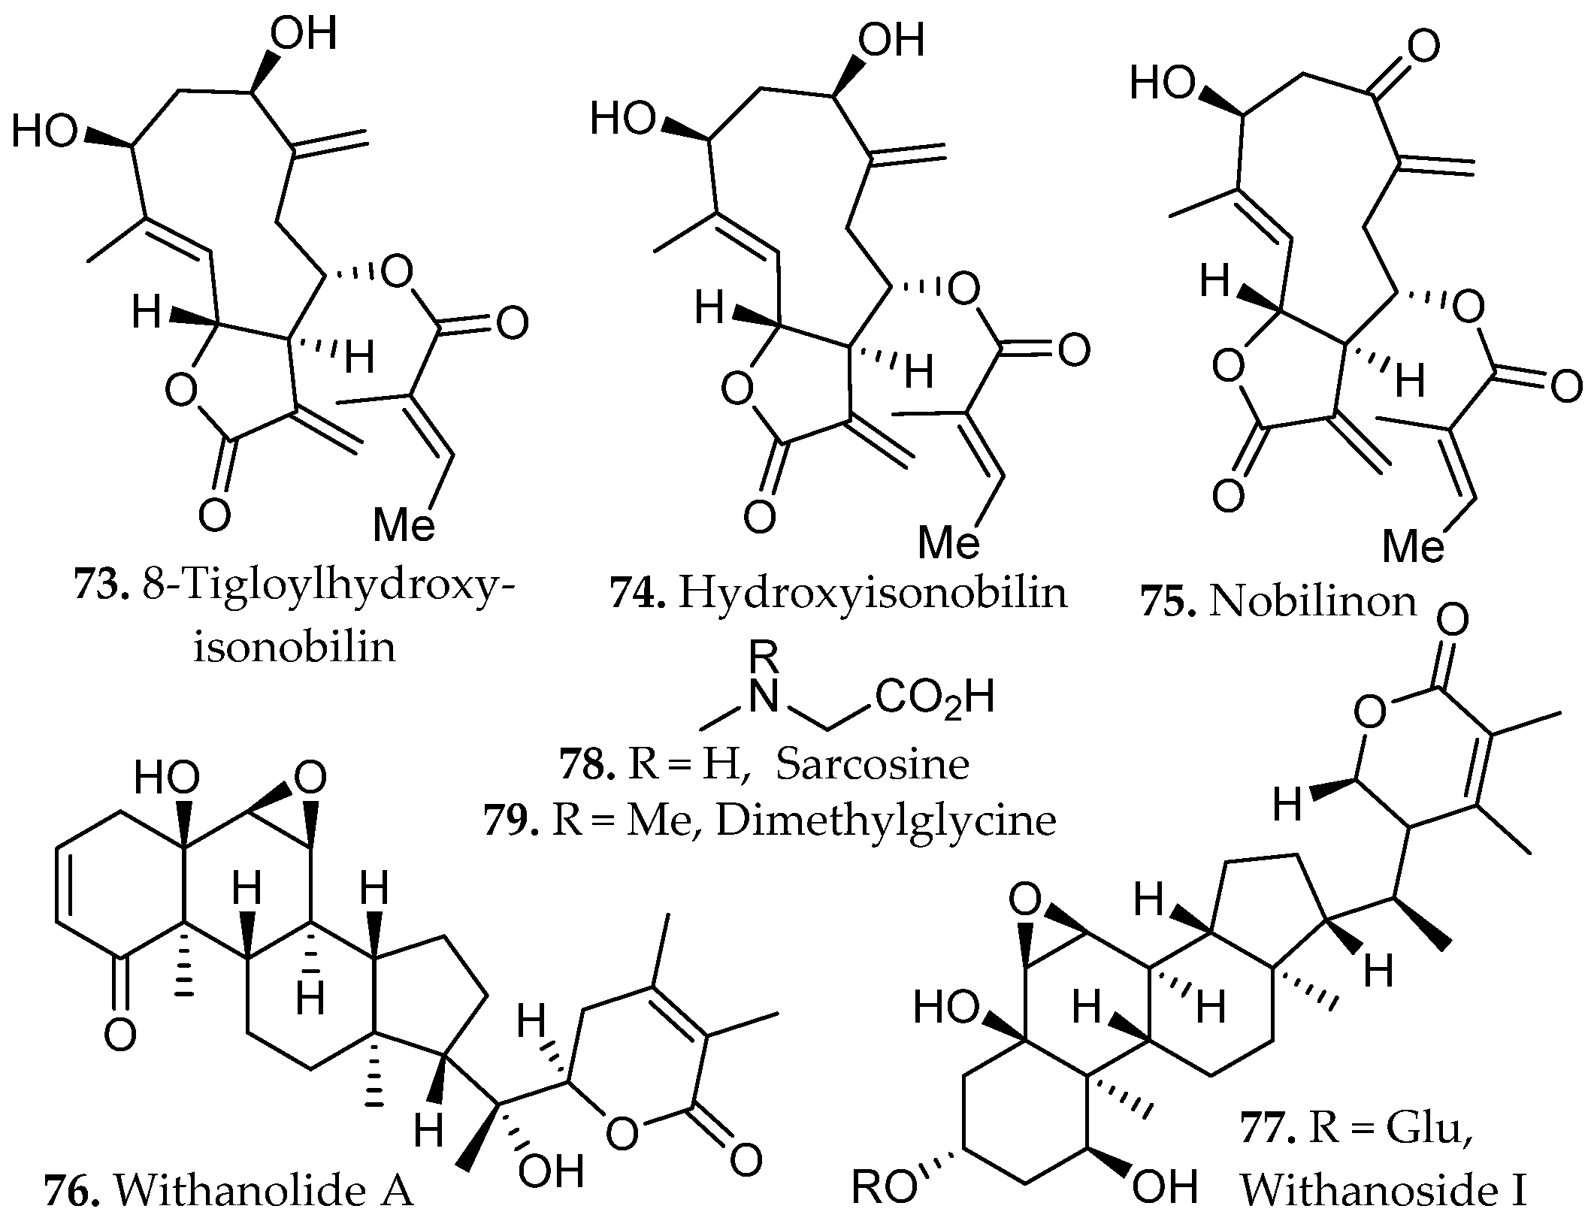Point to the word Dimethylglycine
click(886, 821)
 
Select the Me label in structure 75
click(1413, 544)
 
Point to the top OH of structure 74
click(891, 41)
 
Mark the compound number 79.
click(511, 821)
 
